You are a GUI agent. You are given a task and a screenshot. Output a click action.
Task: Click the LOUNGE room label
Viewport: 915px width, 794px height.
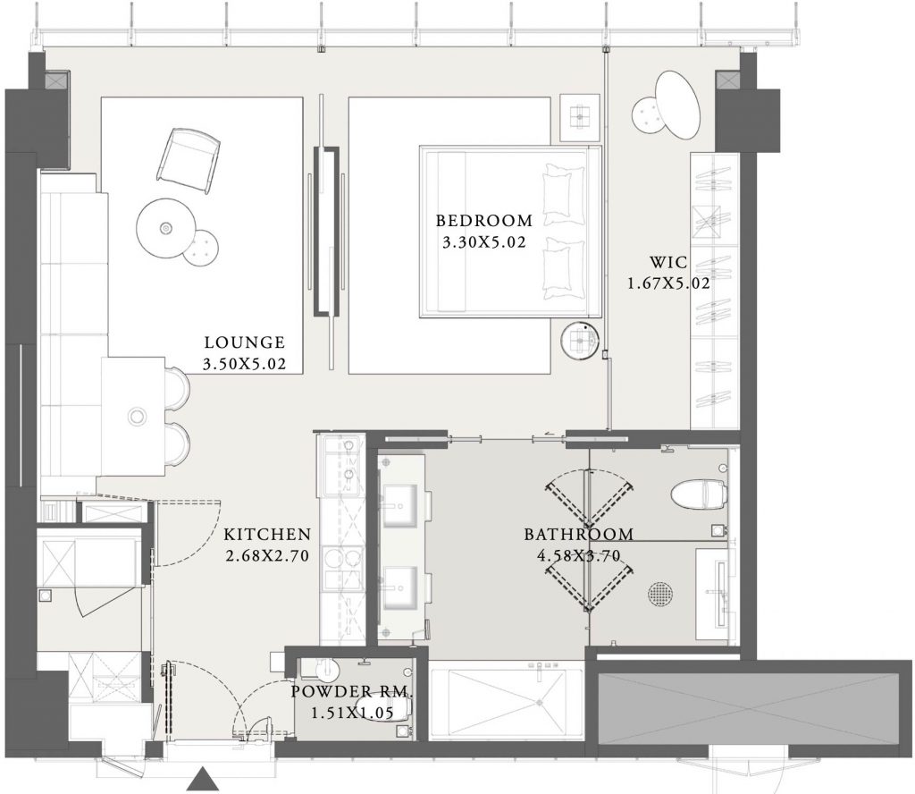pyautogui.click(x=245, y=342)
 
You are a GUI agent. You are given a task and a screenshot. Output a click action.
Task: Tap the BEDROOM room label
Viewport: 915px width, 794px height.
pyautogui.click(x=484, y=221)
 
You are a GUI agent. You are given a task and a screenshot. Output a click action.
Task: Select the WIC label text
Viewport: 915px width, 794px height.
pyautogui.click(x=668, y=262)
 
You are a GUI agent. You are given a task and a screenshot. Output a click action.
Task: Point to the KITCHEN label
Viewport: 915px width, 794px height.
pyautogui.click(x=267, y=534)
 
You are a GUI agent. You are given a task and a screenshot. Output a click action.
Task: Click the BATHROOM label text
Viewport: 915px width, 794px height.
pyautogui.click(x=578, y=534)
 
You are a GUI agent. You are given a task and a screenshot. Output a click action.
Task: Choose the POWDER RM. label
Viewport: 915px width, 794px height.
pyautogui.click(x=352, y=692)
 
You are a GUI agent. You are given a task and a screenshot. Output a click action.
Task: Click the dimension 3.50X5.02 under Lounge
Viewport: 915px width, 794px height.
pyautogui.click(x=245, y=364)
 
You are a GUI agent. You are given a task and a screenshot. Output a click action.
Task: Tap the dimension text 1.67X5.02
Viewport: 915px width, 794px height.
pyautogui.click(x=668, y=283)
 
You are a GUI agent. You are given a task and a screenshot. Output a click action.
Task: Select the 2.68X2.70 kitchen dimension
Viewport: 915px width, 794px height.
pyautogui.click(x=267, y=556)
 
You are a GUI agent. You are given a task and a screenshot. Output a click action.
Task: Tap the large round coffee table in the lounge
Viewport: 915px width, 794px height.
pyautogui.click(x=165, y=228)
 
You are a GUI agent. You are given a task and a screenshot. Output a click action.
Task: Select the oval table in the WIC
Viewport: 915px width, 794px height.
pyautogui.click(x=677, y=105)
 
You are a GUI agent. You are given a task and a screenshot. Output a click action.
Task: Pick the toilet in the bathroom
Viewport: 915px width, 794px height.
pyautogui.click(x=699, y=494)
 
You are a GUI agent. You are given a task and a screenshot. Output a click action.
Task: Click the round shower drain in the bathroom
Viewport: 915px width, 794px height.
pyautogui.click(x=659, y=593)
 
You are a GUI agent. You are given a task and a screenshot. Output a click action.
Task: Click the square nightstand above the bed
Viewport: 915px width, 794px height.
pyautogui.click(x=580, y=117)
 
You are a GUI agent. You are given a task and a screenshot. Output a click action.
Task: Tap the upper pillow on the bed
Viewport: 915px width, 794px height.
pyautogui.click(x=564, y=194)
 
